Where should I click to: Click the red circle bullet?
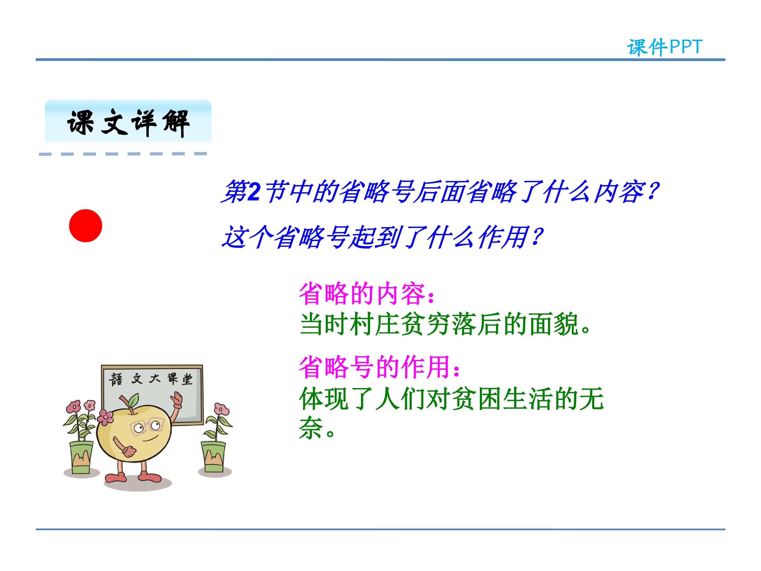(85, 226)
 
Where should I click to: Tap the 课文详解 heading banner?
(128, 121)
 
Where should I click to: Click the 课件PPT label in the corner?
(664, 47)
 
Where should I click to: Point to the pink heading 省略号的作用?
(379, 367)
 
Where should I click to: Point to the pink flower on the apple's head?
(105, 417)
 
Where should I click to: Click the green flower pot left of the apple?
(82, 458)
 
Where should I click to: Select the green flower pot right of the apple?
(213, 456)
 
